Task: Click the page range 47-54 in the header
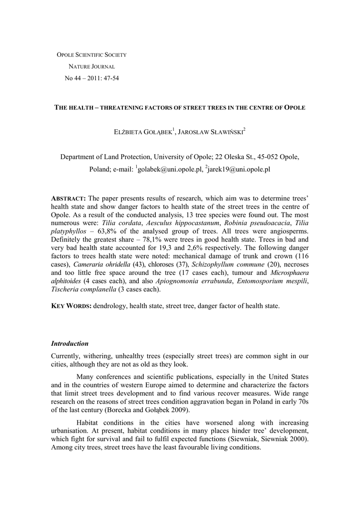point(111,78)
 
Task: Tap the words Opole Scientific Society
point(92,54)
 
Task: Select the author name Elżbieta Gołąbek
point(143,133)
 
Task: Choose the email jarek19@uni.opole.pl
point(239,170)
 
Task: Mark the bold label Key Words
point(71,306)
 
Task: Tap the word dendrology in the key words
point(110,306)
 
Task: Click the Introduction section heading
point(70,344)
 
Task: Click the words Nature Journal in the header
point(92,66)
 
